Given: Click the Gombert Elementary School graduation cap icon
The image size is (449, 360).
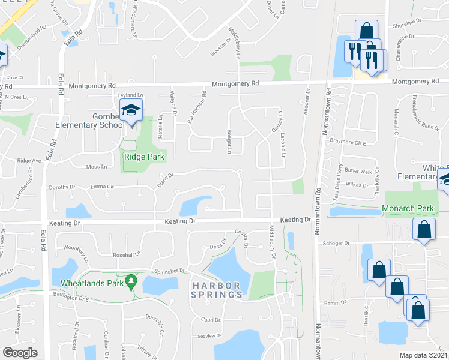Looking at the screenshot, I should coord(131,110).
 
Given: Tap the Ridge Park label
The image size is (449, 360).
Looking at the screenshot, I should coord(144,157).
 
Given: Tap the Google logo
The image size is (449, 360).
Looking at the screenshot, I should coord(20,352).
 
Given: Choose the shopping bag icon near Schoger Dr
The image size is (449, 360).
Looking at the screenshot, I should coord(424,230).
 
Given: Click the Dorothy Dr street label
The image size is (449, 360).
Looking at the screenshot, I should coord(62,187).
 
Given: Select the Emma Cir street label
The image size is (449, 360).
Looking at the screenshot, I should coord(101,187).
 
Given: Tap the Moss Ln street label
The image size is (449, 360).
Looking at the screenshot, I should coord(97,166).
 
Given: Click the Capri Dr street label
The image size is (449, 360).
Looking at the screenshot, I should coord(210,320).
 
